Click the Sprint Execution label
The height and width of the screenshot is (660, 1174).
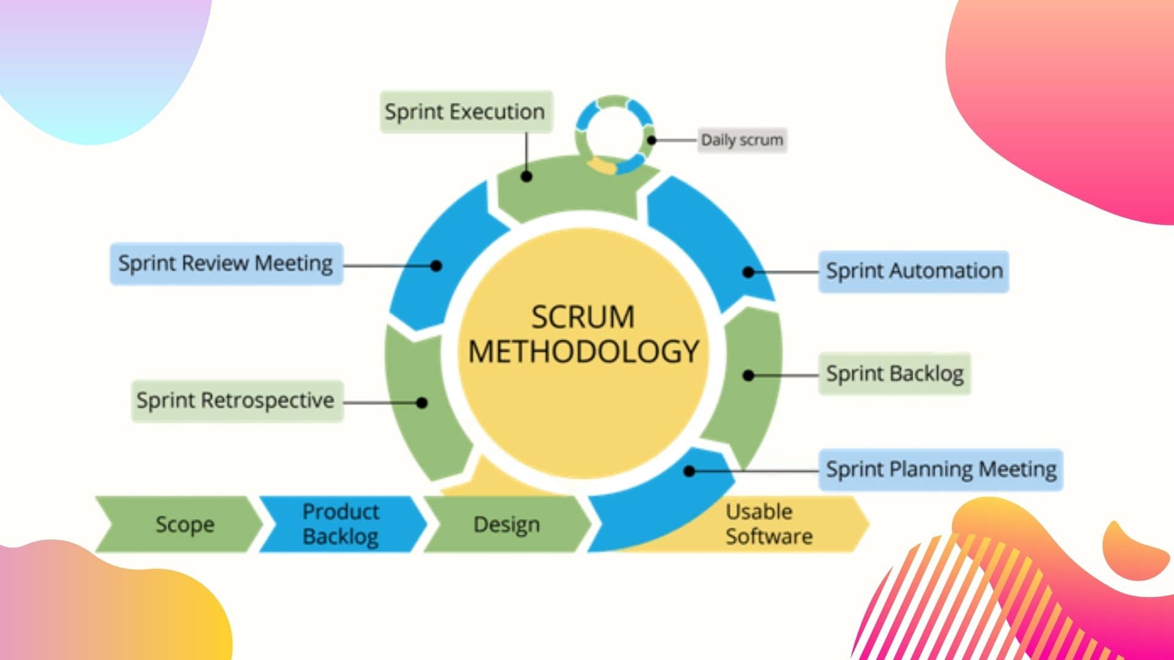(x=465, y=112)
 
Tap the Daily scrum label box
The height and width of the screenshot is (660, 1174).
(x=742, y=140)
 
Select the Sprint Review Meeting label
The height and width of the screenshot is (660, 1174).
(x=226, y=264)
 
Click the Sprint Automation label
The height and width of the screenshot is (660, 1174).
(x=914, y=271)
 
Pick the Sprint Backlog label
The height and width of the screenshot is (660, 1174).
(x=894, y=373)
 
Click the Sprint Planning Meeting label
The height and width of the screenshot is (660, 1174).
(x=940, y=469)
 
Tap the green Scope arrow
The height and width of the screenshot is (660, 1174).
(x=181, y=524)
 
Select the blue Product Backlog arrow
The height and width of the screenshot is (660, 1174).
(x=341, y=524)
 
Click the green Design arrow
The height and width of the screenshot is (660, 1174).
(x=506, y=524)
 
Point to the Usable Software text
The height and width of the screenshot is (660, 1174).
(x=768, y=524)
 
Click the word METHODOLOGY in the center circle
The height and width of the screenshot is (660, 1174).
(x=583, y=351)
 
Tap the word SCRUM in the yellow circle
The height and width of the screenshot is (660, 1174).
(x=583, y=317)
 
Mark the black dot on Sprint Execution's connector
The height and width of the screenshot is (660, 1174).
(x=526, y=177)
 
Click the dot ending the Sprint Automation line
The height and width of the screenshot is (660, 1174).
(x=748, y=272)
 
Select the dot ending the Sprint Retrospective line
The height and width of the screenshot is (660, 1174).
(x=422, y=403)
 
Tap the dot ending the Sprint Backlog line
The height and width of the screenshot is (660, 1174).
(x=748, y=375)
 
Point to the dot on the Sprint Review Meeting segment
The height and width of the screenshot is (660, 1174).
(x=436, y=266)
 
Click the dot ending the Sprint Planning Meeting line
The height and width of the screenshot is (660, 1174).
(x=689, y=471)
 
